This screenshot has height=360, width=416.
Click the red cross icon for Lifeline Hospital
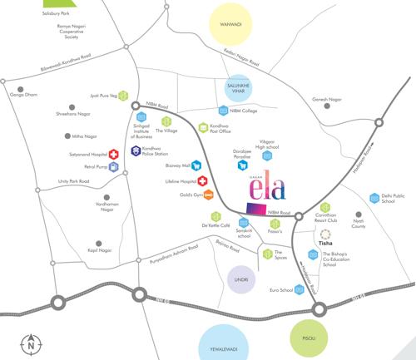pos(201,181)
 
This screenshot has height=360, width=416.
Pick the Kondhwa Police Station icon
pos(136,150)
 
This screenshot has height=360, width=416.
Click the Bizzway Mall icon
pos(196,165)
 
